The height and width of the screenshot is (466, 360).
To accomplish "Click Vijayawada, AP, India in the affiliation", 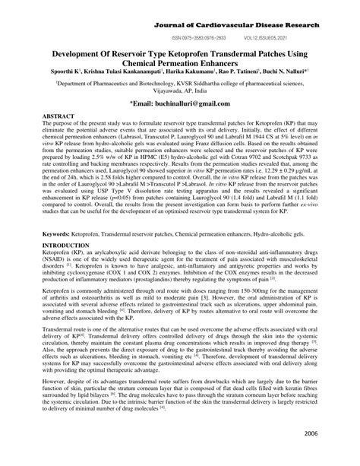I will click(x=179, y=92).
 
